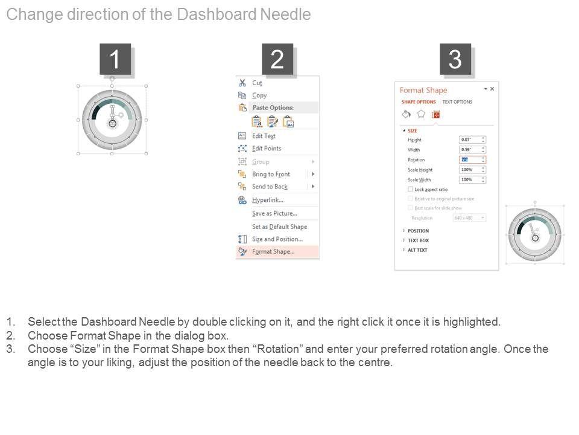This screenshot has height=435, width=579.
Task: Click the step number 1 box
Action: pyautogui.click(x=115, y=59)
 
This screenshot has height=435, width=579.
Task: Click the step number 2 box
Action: pyautogui.click(x=277, y=59)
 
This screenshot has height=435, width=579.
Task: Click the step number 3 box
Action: pyautogui.click(x=455, y=59)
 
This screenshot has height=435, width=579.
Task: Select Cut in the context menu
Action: pyautogui.click(x=257, y=83)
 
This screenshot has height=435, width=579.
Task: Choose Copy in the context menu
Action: pyautogui.click(x=259, y=95)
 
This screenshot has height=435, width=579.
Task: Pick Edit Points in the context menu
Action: pyautogui.click(x=266, y=149)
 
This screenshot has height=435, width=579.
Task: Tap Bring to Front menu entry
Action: pyautogui.click(x=271, y=174)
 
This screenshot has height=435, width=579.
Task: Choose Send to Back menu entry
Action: pyautogui.click(x=270, y=187)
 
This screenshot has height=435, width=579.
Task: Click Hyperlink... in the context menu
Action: pyautogui.click(x=267, y=200)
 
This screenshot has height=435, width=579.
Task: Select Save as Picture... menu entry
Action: pyautogui.click(x=274, y=213)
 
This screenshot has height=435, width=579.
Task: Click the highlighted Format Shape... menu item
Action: pyautogui.click(x=273, y=252)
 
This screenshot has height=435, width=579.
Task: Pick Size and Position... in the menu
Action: pyautogui.click(x=277, y=239)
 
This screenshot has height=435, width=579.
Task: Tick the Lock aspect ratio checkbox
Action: pyautogui.click(x=411, y=189)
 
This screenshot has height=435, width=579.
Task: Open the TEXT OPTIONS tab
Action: pyautogui.click(x=457, y=102)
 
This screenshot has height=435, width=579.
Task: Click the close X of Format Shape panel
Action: pyautogui.click(x=492, y=89)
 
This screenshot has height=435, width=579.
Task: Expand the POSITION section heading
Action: pyautogui.click(x=418, y=231)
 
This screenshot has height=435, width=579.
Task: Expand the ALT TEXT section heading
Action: pyautogui.click(x=417, y=250)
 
